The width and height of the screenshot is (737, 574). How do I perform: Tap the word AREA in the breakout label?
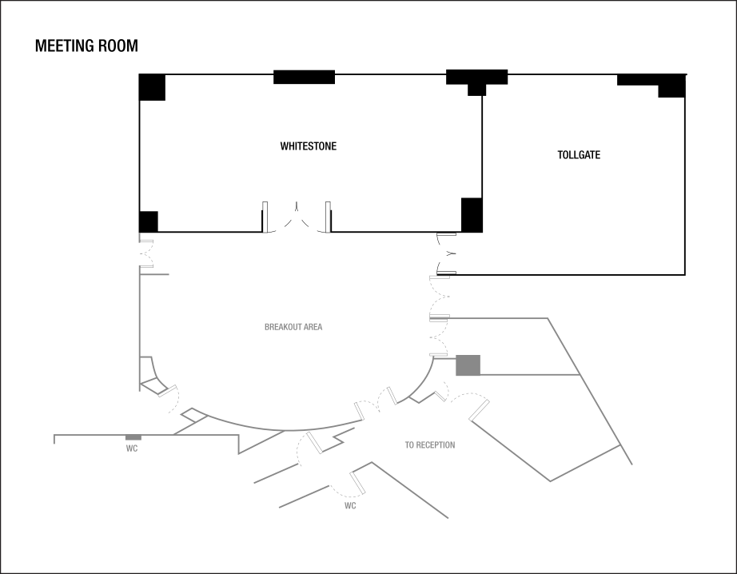[313, 327]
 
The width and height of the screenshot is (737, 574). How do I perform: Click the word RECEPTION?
[436, 445]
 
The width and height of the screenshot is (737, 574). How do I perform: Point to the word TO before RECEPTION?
[409, 445]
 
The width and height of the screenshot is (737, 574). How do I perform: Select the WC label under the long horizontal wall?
[132, 448]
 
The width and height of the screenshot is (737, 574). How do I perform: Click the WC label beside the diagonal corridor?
[350, 506]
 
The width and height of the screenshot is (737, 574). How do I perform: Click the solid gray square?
[468, 365]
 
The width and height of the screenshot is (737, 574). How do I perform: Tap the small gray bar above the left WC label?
[133, 437]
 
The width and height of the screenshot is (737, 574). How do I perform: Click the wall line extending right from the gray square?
[528, 374]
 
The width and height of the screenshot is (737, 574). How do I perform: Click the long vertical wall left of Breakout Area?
[140, 320]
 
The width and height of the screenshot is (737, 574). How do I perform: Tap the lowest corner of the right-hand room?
[551, 481]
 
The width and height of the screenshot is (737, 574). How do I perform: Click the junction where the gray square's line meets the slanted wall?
[579, 374]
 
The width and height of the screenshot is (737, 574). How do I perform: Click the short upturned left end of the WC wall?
[54, 438]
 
